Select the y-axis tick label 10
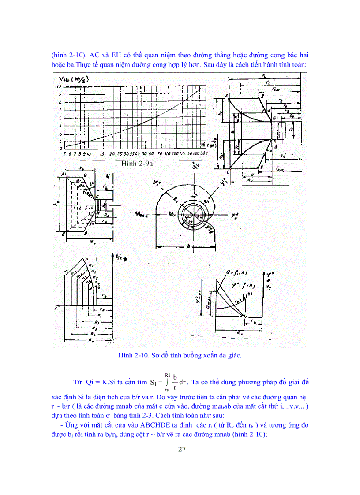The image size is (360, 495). [59, 87]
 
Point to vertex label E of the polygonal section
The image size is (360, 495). [64, 234]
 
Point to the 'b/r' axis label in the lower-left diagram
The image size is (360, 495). [119, 257]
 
